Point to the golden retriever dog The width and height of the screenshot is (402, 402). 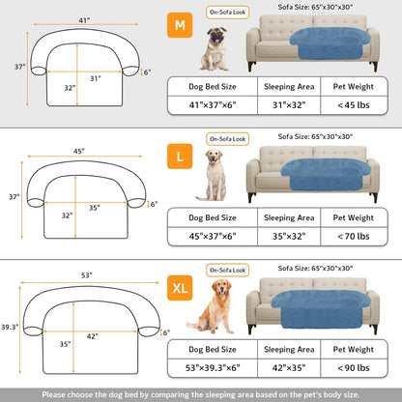pos(215,305)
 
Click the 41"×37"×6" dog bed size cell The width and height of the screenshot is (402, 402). pos(213,106)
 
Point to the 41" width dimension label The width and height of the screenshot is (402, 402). pos(84,20)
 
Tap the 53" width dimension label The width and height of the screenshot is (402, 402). pos(86,275)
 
